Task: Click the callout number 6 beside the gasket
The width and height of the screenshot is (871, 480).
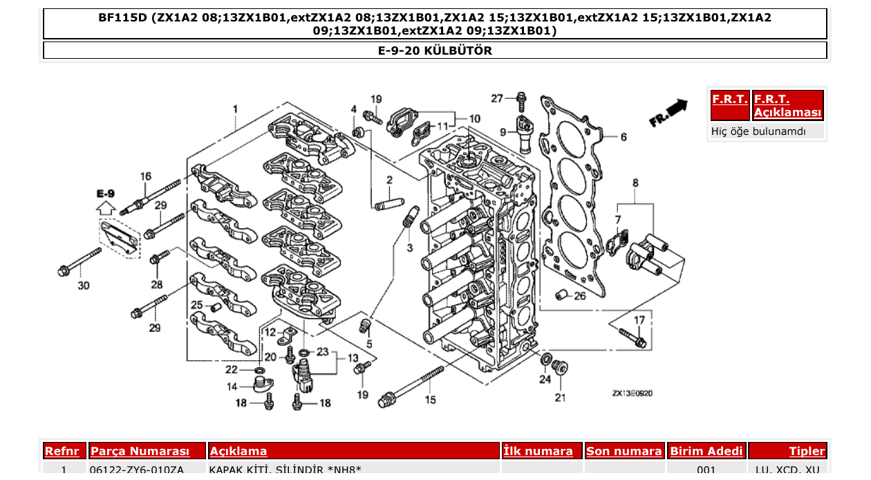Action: click(x=623, y=137)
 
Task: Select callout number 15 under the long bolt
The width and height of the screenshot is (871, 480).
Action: click(x=430, y=400)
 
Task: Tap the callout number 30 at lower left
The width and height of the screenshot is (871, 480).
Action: click(x=83, y=286)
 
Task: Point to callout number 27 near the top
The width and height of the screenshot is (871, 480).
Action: click(x=497, y=98)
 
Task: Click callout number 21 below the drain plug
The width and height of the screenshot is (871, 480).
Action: click(x=560, y=397)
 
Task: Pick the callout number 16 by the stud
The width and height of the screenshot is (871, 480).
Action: click(x=146, y=176)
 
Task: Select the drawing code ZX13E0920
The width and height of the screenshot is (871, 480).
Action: click(x=632, y=394)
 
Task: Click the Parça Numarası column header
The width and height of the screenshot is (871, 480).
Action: click(x=140, y=451)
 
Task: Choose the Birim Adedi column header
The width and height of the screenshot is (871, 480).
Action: click(x=706, y=451)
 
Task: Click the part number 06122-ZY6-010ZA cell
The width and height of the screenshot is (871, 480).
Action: click(x=137, y=470)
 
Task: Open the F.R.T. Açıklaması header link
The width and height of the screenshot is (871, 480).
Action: click(x=787, y=106)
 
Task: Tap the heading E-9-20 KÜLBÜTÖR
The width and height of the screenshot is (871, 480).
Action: click(x=435, y=50)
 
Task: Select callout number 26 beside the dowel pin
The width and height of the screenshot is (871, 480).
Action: click(x=579, y=296)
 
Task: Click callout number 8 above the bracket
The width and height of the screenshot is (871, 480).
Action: click(x=635, y=183)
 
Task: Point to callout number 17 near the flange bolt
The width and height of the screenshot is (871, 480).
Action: click(x=639, y=320)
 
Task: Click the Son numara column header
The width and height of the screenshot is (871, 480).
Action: click(x=624, y=451)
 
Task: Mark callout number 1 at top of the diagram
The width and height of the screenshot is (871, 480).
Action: click(x=235, y=109)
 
